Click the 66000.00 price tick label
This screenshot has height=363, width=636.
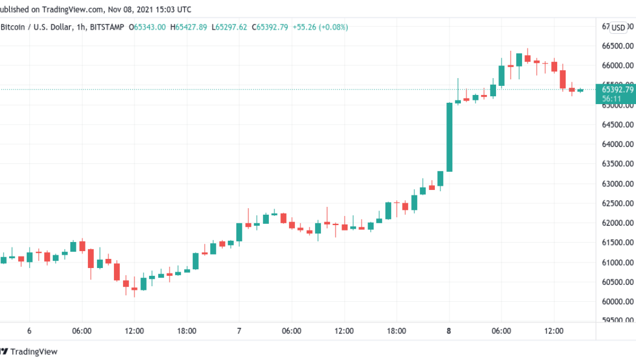(617, 65)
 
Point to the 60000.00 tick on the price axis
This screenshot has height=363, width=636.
(617, 301)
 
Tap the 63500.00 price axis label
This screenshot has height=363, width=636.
(617, 164)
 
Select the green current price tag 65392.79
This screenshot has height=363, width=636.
(617, 90)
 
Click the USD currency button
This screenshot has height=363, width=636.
(618, 27)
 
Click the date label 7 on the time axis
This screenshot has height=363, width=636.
(239, 331)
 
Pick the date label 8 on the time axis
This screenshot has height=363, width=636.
(449, 331)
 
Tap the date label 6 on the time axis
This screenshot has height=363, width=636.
(29, 331)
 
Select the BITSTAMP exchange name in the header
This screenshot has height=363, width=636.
(108, 27)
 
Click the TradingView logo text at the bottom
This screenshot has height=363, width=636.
(34, 352)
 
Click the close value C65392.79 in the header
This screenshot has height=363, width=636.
(271, 27)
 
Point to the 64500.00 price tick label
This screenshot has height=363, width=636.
(617, 125)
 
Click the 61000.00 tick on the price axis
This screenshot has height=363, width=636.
(617, 262)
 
